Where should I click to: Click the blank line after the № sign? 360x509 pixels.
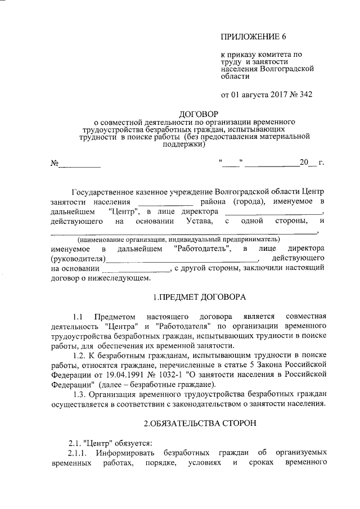[x=80, y=164]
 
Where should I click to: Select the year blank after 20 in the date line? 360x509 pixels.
[x=313, y=164]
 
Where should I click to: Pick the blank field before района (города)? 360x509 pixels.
[x=166, y=202]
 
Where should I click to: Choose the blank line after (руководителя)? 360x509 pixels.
[x=182, y=259]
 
